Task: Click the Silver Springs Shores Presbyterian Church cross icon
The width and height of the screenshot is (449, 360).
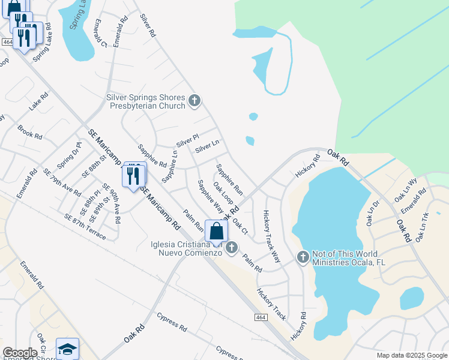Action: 194,101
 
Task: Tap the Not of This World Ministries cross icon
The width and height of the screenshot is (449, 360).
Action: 303,257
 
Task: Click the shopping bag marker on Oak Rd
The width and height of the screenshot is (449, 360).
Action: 216,232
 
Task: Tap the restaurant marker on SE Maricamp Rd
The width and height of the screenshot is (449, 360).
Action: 133,175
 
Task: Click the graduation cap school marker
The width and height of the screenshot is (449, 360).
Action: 68,349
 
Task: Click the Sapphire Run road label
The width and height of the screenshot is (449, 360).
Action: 230,179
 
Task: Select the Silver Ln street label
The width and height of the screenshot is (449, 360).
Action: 207,145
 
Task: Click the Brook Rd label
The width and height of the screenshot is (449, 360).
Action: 30,132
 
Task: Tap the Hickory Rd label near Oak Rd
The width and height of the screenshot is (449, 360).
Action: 308,166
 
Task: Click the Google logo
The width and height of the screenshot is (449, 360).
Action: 20,353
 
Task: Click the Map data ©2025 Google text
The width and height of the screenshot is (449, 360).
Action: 411,355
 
